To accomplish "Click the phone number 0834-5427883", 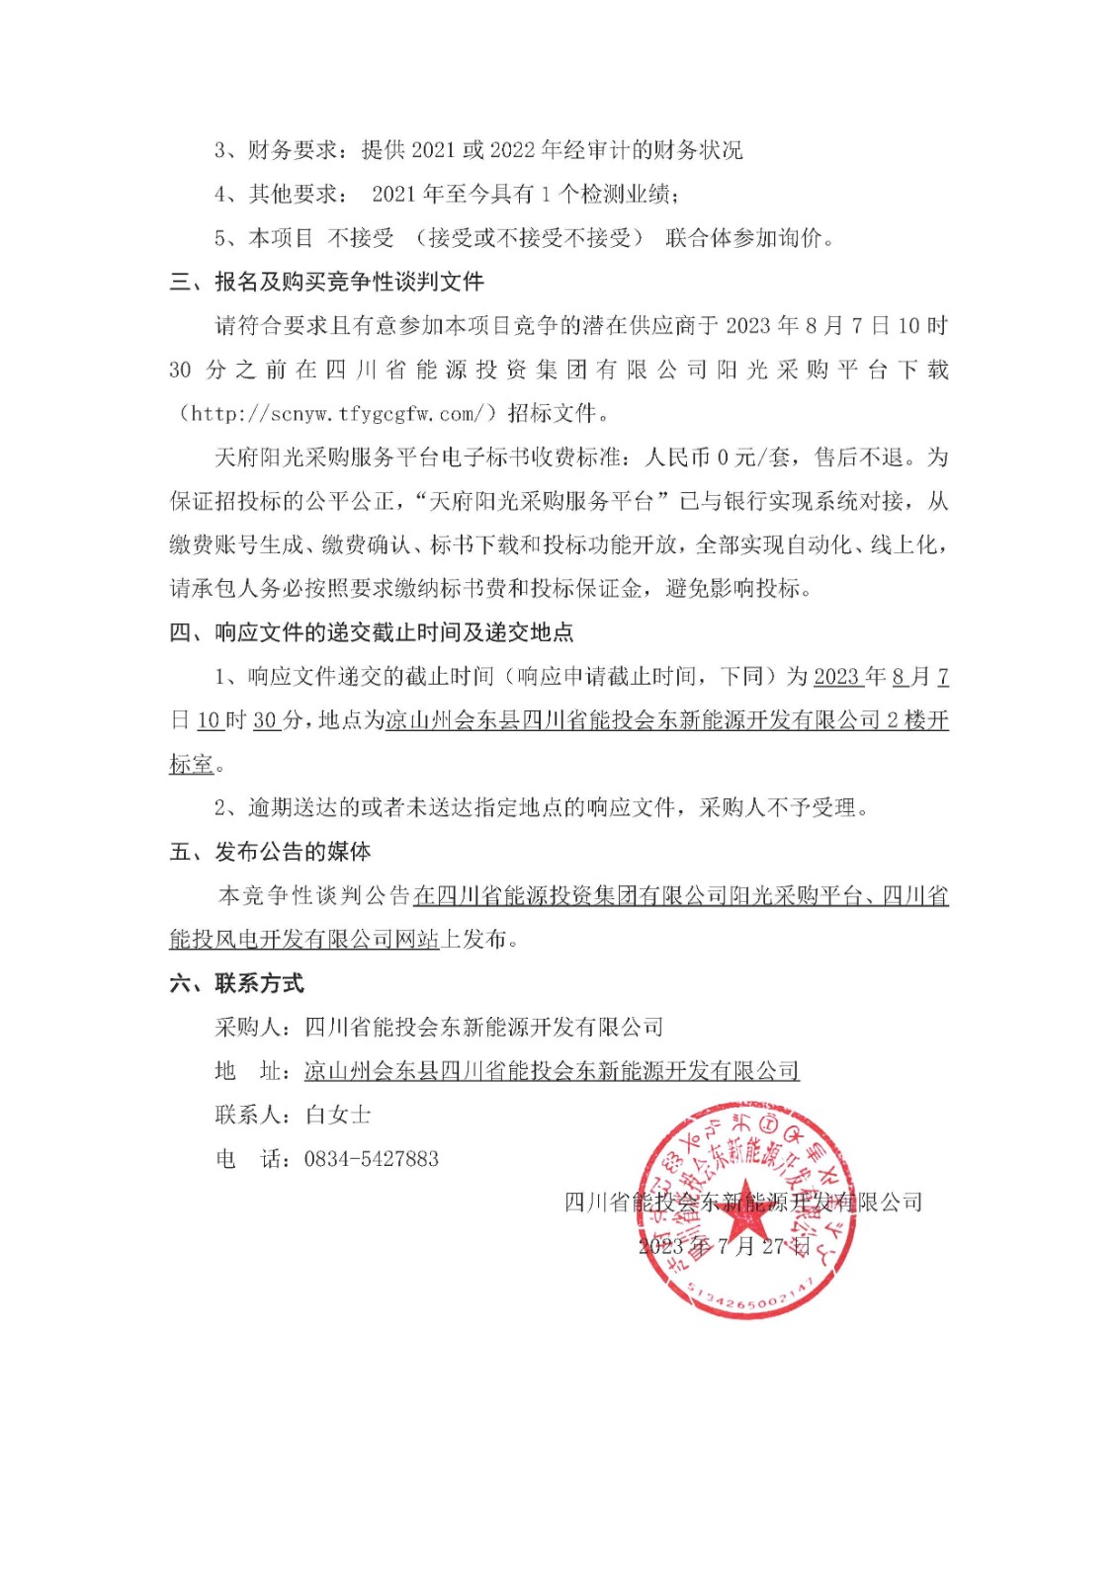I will click(371, 1159).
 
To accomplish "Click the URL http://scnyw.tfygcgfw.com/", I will click(336, 413).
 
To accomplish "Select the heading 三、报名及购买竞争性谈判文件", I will click(326, 282).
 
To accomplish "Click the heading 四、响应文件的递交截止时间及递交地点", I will click(371, 632).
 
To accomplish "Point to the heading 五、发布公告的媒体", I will click(270, 852).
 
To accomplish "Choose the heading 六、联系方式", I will click(236, 983).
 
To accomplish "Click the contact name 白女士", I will click(338, 1116).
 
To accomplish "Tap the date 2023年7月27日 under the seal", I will click(724, 1246).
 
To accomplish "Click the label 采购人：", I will click(259, 1028).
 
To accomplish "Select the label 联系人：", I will click(259, 1116).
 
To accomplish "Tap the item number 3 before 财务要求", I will click(221, 150).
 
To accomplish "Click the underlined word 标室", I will click(192, 765).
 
